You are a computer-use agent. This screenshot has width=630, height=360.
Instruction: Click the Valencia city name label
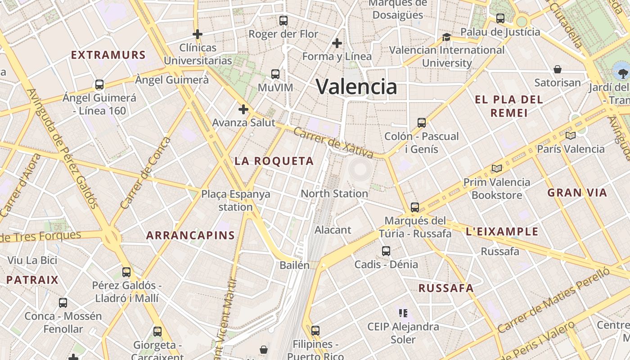[356, 86]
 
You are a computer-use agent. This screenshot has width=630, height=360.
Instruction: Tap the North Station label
[334, 193]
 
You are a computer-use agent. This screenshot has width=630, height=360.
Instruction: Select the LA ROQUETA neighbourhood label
[274, 161]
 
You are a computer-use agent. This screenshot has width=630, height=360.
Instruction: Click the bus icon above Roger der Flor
[283, 20]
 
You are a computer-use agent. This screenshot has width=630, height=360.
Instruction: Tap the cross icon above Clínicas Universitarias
[197, 34]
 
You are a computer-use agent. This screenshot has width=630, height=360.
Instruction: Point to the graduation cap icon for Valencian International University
[446, 37]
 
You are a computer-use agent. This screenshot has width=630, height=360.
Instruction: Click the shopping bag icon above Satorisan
[558, 69]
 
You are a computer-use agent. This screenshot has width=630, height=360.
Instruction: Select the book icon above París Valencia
[571, 135]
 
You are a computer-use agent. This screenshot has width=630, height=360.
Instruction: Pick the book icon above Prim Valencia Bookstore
[497, 168]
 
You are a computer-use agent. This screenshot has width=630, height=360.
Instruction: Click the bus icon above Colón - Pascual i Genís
[422, 122]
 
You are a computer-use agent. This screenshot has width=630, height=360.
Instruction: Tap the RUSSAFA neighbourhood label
[446, 288]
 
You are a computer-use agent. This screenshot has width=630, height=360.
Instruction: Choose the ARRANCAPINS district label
[190, 235]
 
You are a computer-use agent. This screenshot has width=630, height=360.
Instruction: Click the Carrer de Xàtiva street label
[333, 143]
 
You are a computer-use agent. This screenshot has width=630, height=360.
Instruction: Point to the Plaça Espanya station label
[236, 200]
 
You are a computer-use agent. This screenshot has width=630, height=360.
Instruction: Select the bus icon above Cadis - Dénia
[386, 251]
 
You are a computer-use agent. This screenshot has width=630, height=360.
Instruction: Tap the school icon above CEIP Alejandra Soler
[403, 313]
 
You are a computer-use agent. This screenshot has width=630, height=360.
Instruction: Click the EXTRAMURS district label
[108, 55]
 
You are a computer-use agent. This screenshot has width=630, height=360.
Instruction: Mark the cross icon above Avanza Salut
[243, 109]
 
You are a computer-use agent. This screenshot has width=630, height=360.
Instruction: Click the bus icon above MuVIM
[275, 74]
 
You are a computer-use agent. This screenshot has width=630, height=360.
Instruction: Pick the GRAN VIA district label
[577, 193]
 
